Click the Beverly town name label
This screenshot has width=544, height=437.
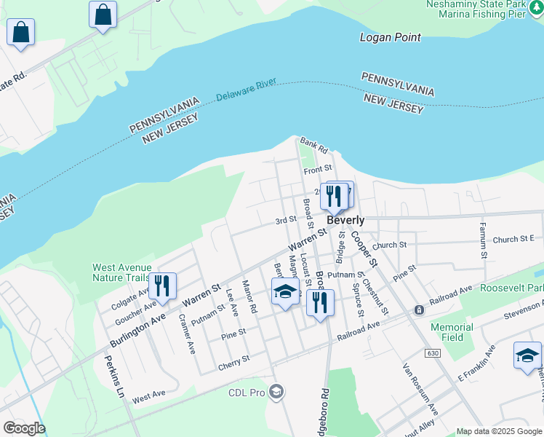tap(345, 220)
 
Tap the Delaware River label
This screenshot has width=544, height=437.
tap(246, 90)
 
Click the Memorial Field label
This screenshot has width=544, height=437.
tap(452, 333)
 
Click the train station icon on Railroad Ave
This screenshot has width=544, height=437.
tap(419, 310)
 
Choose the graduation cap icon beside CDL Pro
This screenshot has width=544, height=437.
tap(276, 393)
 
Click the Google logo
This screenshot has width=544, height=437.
tap(23, 428)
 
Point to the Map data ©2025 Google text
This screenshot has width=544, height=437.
tap(499, 431)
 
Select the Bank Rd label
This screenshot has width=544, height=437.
tap(314, 144)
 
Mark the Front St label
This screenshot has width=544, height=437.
tap(318, 170)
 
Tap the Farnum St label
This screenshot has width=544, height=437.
tap(481, 241)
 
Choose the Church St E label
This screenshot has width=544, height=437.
tap(513, 239)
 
